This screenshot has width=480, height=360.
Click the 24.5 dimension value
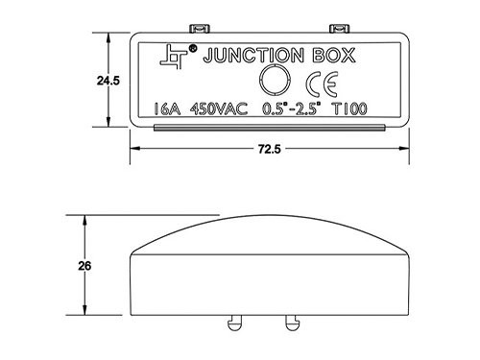(x=108, y=82)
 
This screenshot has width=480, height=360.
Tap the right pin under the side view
(x=290, y=322)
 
